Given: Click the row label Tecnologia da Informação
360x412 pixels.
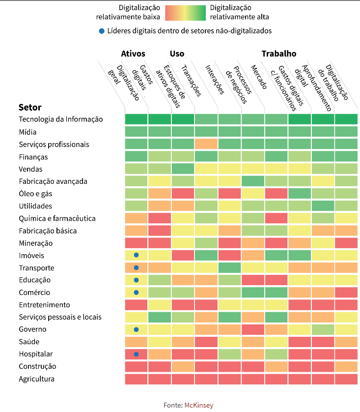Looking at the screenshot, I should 60,119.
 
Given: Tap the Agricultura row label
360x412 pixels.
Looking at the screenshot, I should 36,379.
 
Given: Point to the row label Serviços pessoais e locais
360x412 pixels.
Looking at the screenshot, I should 60,317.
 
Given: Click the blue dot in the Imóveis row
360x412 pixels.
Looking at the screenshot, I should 137,255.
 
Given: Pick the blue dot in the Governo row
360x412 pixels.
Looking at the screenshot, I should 137,329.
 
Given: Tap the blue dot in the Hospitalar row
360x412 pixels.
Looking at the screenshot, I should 137,354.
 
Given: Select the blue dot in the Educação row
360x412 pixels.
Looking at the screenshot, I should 137,280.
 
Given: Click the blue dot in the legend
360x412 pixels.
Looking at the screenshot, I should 102,31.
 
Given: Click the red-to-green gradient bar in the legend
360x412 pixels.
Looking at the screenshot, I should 185,12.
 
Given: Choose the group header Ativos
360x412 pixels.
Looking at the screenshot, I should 133,54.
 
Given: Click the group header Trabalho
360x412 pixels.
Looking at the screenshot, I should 278,54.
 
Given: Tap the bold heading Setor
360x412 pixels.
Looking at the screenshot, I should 30,107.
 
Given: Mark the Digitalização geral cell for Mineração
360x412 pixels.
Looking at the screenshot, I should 137,243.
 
